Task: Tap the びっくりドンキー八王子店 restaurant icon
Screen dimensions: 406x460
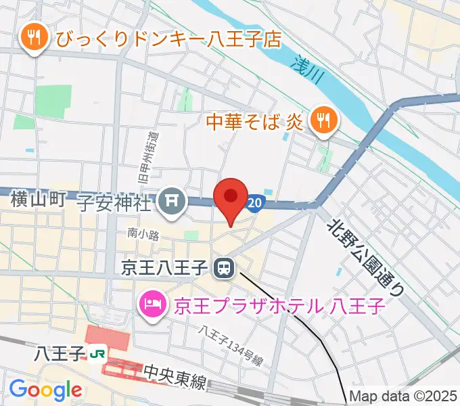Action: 32,39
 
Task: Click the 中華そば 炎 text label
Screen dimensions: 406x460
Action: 256,122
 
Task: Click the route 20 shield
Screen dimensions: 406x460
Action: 254,202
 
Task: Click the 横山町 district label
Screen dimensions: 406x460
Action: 37,199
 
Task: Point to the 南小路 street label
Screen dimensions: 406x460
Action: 143,234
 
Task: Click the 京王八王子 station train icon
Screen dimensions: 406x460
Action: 222,269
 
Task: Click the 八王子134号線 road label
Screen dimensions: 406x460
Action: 231,346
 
